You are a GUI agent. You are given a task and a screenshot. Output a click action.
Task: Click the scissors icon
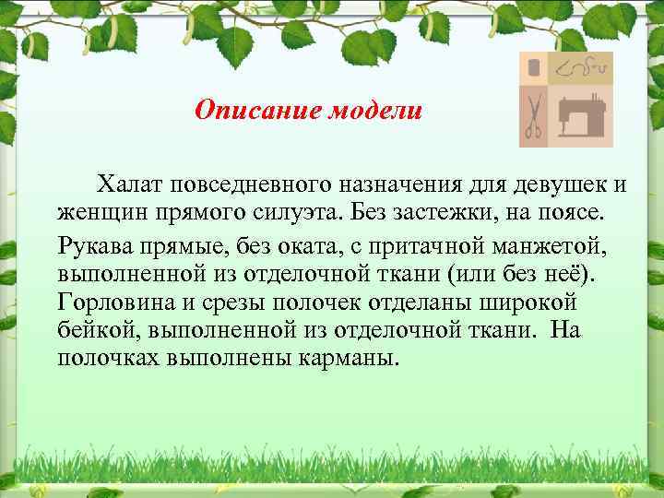coord(533,116)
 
